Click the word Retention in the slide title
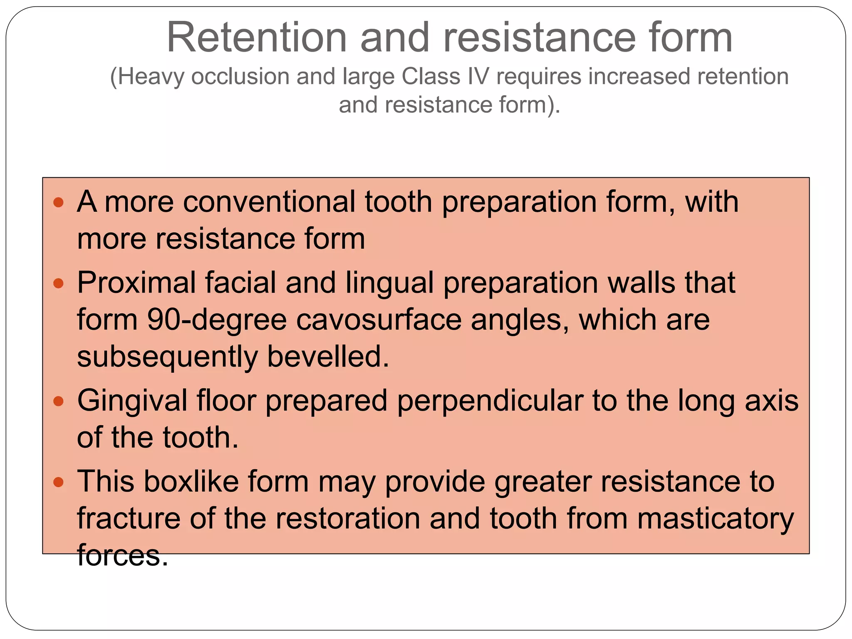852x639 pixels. (256, 38)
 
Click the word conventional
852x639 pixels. (269, 202)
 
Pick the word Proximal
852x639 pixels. (136, 283)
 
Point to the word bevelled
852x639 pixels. (328, 357)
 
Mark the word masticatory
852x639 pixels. (716, 519)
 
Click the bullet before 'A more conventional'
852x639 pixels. (59, 203)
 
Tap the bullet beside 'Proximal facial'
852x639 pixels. (59, 284)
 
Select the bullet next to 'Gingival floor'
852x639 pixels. (59, 401)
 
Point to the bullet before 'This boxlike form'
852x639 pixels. (59, 483)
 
